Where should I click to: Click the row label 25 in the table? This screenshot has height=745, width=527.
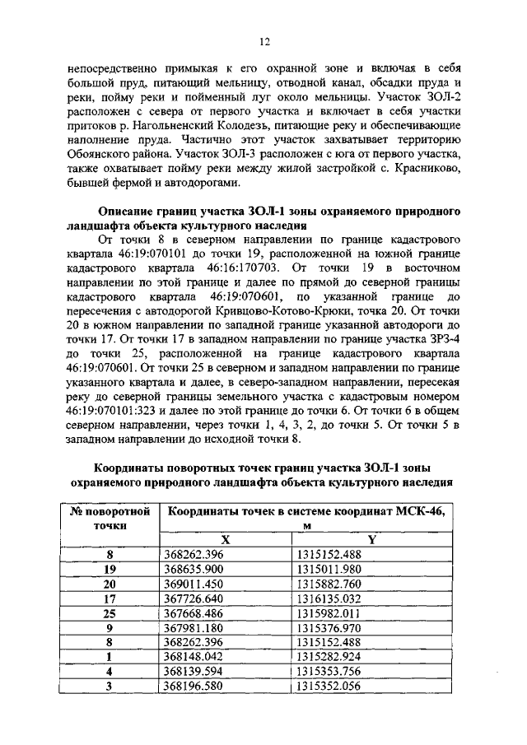click(x=110, y=612)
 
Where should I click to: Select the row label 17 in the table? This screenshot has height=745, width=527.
click(x=110, y=598)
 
